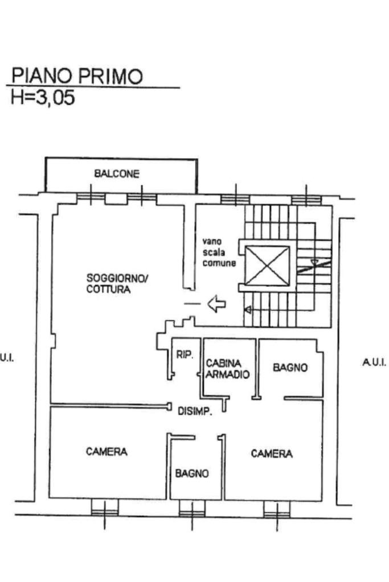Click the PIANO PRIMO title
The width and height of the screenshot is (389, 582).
pos(77,76)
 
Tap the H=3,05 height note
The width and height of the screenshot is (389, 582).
pos(43,98)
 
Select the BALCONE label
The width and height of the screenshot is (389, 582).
pos(117,174)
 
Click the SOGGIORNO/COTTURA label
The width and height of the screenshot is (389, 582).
pos(117,283)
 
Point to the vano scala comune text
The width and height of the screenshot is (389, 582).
pos(219,253)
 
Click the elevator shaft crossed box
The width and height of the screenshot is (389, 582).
pos(267,266)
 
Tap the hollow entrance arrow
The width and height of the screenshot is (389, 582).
pos(216,304)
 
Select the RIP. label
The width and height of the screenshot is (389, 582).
pos(185,355)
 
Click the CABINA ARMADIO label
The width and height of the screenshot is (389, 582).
pos(227,369)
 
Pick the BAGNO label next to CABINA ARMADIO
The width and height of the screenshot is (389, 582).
pos(290,368)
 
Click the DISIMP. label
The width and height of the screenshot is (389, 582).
pos(195,411)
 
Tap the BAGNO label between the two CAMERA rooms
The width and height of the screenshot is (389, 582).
pos(192,473)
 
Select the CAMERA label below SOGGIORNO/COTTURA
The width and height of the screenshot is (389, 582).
pos(107,452)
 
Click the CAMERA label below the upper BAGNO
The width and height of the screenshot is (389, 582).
pos(272,453)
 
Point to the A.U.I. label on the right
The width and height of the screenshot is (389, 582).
pos(374,362)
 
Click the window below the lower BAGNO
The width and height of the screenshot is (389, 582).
pos(192,509)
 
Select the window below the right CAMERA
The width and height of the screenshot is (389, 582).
pos(277,509)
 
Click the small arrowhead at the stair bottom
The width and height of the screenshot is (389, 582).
pos(247,309)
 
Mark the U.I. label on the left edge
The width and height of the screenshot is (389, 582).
pos(7,358)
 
